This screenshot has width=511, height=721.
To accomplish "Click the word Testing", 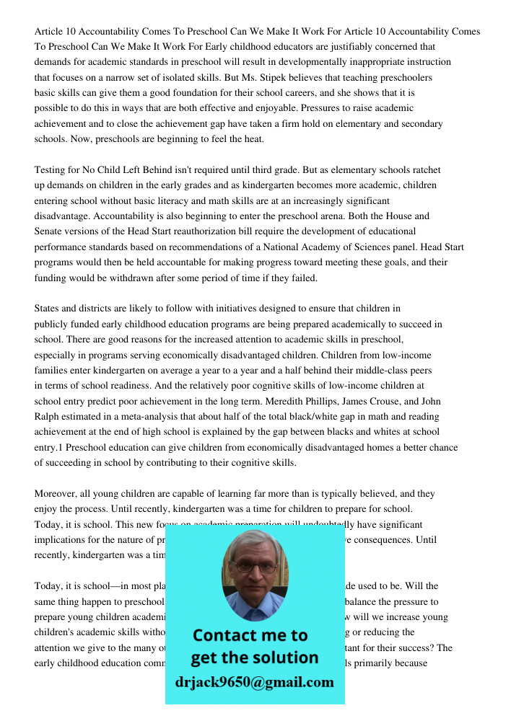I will tap(51, 170).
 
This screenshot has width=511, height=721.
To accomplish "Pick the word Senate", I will tap(50, 231).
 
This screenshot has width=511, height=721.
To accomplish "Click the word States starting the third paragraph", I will tap(49, 309).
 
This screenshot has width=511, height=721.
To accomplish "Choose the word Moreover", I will tap(57, 494).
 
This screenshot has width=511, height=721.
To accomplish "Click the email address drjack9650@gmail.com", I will tap(254, 682).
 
